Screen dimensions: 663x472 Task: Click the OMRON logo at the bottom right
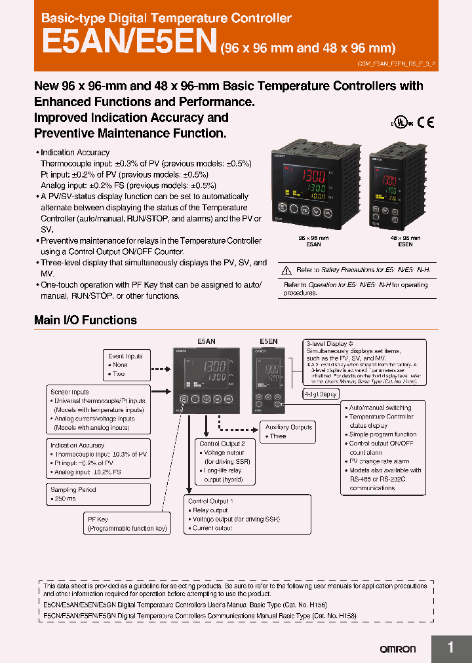tap(398, 649)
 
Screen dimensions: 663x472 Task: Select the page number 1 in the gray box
tap(450, 647)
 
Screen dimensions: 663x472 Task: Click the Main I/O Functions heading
tap(85, 320)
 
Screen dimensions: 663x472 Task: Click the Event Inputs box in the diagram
tap(127, 365)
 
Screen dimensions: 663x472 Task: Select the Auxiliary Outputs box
tap(288, 431)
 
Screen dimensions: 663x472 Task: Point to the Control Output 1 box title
tap(210, 501)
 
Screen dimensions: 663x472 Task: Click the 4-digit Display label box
tap(321, 394)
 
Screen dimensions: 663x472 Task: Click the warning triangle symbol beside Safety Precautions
tap(285, 270)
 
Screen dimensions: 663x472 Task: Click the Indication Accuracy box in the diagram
tap(98, 458)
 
